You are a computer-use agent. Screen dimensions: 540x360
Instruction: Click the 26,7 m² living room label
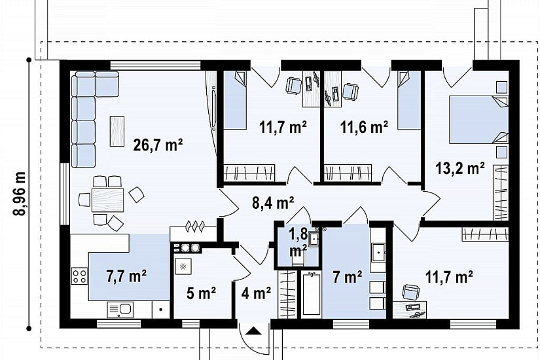coord(158,145)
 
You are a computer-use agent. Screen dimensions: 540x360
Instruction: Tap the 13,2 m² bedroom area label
coord(460,169)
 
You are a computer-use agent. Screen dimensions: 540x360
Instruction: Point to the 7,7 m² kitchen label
coord(126,276)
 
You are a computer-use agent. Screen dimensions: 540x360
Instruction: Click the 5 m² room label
coord(201,293)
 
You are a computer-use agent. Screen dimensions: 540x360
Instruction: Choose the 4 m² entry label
coord(256,293)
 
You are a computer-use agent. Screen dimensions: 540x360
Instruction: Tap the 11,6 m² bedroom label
coord(365,127)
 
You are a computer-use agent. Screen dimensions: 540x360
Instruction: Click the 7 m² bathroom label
coord(347,277)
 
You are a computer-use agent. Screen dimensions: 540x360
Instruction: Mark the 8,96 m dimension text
coord(20,194)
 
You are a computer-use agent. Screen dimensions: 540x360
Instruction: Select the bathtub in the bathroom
coord(312,293)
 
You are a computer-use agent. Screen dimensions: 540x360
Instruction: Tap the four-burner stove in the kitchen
coord(80,276)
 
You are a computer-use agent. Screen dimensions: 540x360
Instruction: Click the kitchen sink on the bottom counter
coord(120,310)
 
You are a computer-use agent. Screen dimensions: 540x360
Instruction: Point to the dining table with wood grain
coord(107,200)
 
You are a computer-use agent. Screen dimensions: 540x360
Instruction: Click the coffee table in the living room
coord(117,131)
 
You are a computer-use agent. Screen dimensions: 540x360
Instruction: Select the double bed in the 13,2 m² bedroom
coord(478,120)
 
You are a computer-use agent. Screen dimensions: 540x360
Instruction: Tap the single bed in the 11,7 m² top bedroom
coord(235,100)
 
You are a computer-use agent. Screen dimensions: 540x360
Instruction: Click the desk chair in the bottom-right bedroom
coord(411,293)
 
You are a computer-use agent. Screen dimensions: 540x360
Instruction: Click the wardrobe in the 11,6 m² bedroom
coord(348,172)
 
